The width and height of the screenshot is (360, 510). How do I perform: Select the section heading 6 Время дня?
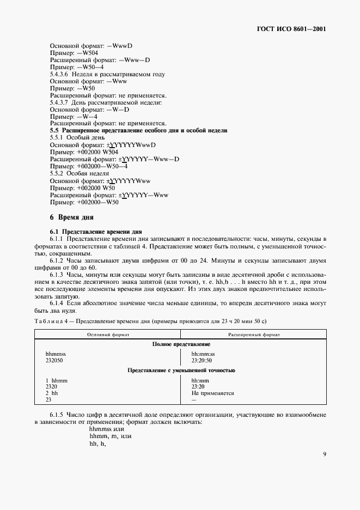click(x=72, y=217)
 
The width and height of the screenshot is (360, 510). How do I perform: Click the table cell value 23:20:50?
click(x=202, y=361)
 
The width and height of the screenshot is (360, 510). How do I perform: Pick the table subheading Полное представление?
click(x=181, y=344)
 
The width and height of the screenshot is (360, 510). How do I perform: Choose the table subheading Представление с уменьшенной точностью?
click(x=181, y=370)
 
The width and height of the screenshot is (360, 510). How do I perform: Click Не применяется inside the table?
click(x=212, y=392)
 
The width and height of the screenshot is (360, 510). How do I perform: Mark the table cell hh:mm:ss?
click(x=204, y=354)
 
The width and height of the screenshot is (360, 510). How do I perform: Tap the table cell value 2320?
click(x=52, y=386)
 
